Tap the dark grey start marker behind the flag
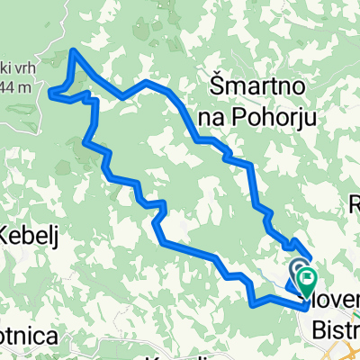(299, 266)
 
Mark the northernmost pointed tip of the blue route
(72, 51)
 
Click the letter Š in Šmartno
(217, 86)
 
